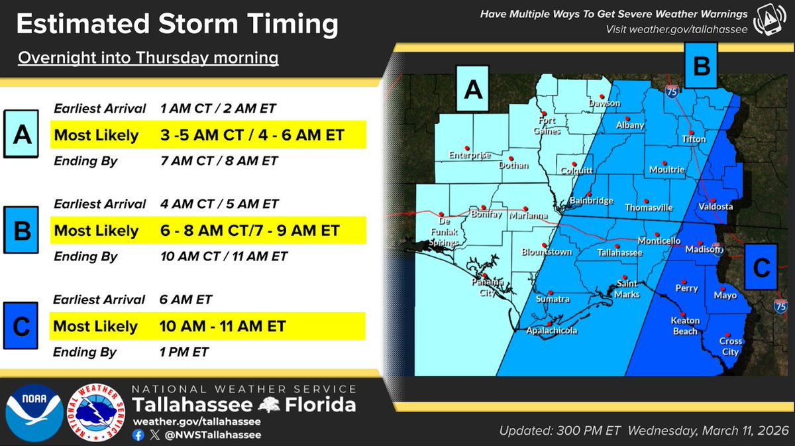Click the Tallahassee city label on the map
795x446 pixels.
click(619, 252)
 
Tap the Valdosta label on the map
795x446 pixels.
click(715, 207)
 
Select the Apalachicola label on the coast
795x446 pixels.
click(551, 331)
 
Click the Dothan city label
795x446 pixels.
click(513, 166)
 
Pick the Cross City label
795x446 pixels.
click(731, 347)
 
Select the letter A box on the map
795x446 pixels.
click(472, 88)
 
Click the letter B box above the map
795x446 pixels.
click(701, 66)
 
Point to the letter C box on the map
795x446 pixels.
click(761, 267)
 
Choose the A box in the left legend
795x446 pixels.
click(23, 135)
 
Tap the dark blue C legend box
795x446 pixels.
click(23, 326)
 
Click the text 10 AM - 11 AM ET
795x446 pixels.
click(222, 326)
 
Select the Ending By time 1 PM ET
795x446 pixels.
click(184, 353)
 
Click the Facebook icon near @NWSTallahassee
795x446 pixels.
click(138, 435)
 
